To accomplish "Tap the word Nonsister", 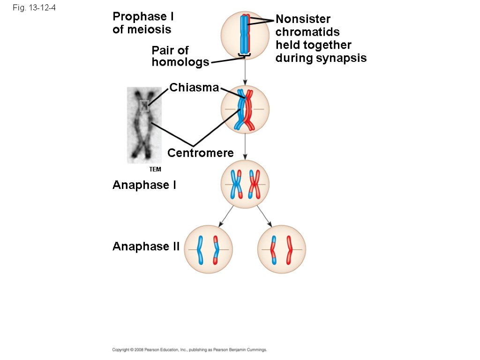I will point(303,19).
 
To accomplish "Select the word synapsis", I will point(341,58).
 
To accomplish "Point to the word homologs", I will point(180,62).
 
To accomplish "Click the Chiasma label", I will point(194,88).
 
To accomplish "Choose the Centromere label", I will point(200,153).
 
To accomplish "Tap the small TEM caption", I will point(155,169).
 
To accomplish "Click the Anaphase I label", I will point(144,185).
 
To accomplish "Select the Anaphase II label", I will point(146,247).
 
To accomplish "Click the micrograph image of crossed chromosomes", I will point(144,125).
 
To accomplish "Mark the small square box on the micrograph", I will point(144,106).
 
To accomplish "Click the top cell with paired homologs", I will point(245,35).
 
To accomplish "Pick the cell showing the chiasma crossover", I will point(245,109).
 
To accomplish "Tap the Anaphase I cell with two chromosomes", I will point(245,184).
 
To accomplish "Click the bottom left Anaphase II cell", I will point(209,249).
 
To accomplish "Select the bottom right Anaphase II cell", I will point(282,249).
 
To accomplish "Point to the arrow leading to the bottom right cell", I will point(264,217).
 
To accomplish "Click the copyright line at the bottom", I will point(189,350).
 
